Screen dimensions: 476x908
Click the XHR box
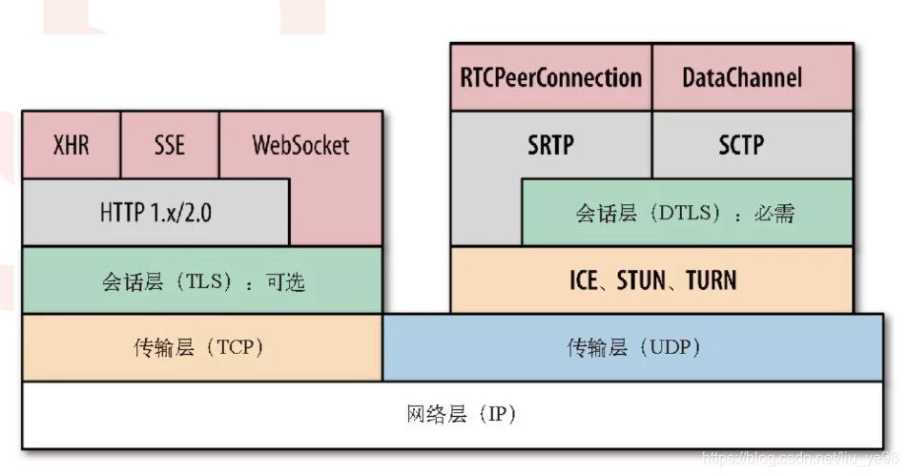[x=71, y=145]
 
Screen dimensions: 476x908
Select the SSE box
[x=170, y=145]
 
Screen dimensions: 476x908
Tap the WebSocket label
[x=300, y=145]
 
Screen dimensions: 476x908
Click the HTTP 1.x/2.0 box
[x=155, y=212]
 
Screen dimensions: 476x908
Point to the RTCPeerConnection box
[x=550, y=77]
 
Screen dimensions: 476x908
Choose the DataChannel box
[x=742, y=77]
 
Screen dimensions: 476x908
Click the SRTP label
[x=552, y=145]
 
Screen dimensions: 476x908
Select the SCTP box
[x=741, y=145]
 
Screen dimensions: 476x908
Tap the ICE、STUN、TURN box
[x=652, y=280]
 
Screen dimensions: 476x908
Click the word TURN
[x=711, y=280]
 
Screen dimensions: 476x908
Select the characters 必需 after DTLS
[x=774, y=213]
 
